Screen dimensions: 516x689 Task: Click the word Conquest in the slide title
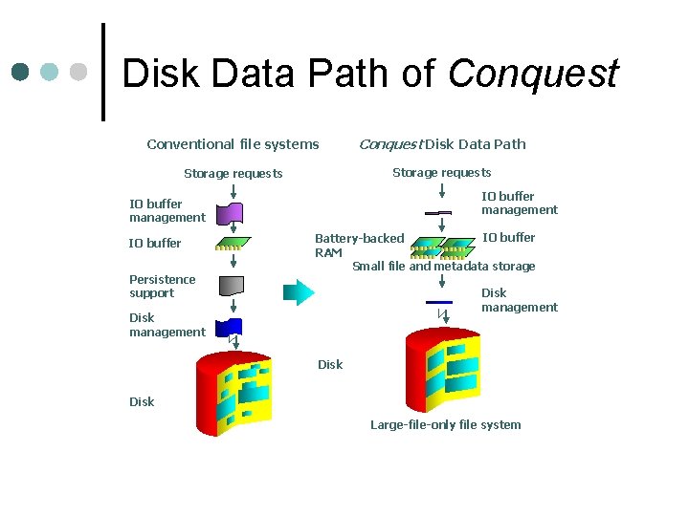click(532, 74)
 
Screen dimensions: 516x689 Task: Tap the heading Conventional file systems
click(233, 144)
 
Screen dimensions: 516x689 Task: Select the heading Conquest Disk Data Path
click(441, 144)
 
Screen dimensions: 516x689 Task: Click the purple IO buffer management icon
click(230, 213)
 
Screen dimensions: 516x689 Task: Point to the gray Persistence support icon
click(231, 285)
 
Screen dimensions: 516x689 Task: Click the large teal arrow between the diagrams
click(299, 291)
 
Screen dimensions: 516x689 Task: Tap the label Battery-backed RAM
click(359, 245)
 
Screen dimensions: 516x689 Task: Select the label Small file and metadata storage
click(443, 267)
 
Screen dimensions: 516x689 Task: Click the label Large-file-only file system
click(446, 424)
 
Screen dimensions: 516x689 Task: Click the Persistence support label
click(162, 286)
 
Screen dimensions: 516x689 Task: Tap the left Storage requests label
click(233, 174)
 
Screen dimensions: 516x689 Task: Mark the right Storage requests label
click(441, 173)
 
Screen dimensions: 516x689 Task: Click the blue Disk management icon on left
click(230, 327)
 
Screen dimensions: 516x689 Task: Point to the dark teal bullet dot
click(20, 72)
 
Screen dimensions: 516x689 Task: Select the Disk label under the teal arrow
click(330, 364)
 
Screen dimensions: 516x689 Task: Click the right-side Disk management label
click(519, 300)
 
